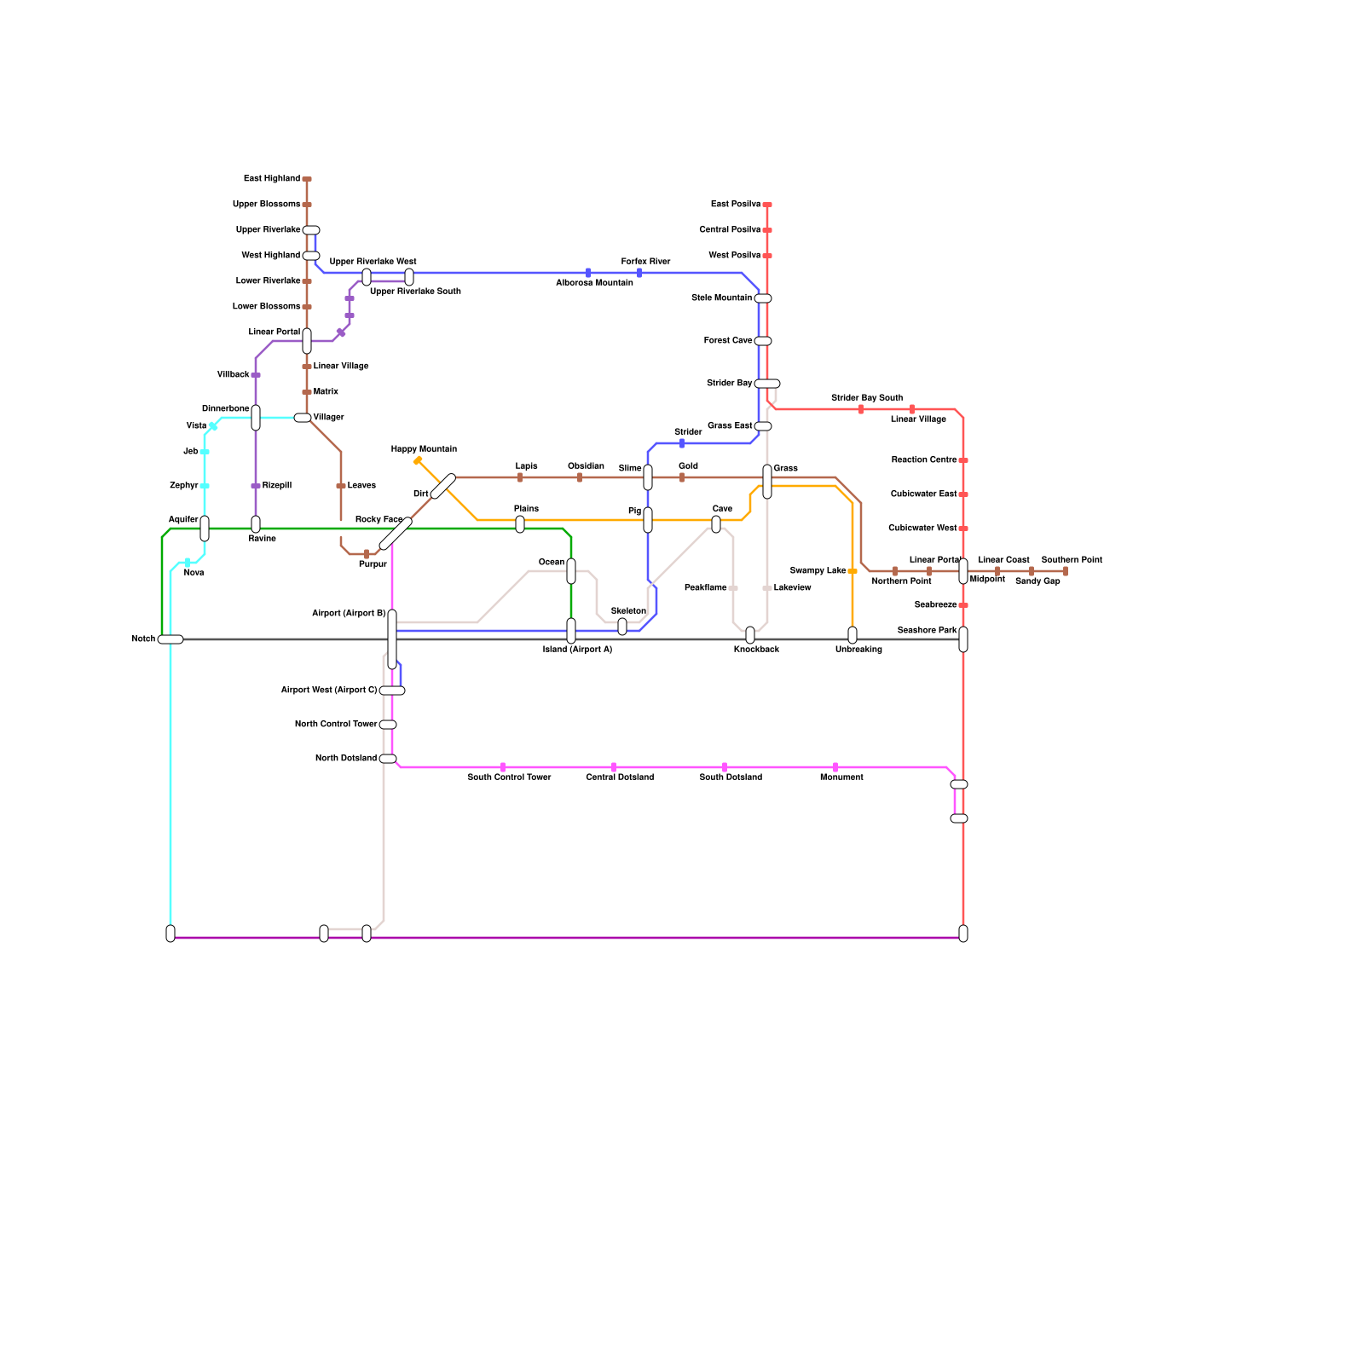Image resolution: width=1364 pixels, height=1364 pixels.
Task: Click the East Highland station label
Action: (271, 179)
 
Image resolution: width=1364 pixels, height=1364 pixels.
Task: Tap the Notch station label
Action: (143, 639)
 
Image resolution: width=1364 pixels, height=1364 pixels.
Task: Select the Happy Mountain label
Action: (424, 449)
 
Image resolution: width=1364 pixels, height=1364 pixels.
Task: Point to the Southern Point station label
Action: (1072, 560)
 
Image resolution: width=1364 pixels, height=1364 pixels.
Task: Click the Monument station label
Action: (841, 777)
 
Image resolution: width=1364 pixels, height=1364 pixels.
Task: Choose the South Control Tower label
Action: (509, 777)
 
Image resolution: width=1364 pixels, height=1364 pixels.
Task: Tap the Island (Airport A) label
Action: (577, 650)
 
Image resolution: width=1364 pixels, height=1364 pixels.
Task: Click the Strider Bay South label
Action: (866, 398)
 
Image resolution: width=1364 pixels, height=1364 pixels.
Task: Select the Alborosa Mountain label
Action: (594, 283)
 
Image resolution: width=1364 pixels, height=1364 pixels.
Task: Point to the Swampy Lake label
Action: (818, 571)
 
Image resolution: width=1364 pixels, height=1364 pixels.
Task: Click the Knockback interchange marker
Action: (750, 635)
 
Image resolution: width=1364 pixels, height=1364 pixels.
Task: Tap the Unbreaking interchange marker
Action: (852, 635)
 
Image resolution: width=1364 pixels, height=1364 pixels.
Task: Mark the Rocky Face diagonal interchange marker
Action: (396, 535)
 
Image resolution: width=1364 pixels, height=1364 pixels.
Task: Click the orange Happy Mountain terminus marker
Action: (418, 460)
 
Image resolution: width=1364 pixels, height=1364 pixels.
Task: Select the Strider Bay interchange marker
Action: (767, 384)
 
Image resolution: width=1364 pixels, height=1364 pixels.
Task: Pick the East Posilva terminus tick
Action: (767, 205)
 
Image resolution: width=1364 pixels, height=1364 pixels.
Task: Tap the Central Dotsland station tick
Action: (614, 767)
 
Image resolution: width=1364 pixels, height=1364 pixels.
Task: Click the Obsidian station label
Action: (586, 466)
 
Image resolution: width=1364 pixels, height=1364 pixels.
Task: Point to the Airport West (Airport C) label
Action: (328, 691)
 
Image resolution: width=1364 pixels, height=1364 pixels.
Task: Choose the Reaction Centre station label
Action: (924, 460)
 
